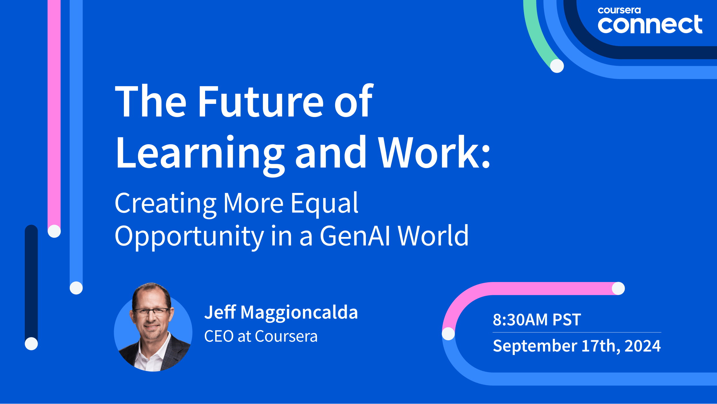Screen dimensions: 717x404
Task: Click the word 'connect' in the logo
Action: pos(650,24)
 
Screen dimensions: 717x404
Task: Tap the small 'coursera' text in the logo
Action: pos(619,10)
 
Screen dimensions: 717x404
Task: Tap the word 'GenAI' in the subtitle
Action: pos(355,236)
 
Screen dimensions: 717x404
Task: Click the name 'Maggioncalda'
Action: pos(299,313)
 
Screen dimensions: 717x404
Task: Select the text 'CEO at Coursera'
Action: pos(261,336)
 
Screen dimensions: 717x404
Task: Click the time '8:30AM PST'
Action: pos(537,320)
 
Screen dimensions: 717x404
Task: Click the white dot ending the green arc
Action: pos(557,66)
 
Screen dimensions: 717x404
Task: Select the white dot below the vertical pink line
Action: pos(54,231)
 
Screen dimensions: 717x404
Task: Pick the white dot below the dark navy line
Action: pos(31,343)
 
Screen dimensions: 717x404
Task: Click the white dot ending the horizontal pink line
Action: pos(618,288)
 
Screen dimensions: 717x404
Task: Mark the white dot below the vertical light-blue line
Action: pos(76,288)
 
